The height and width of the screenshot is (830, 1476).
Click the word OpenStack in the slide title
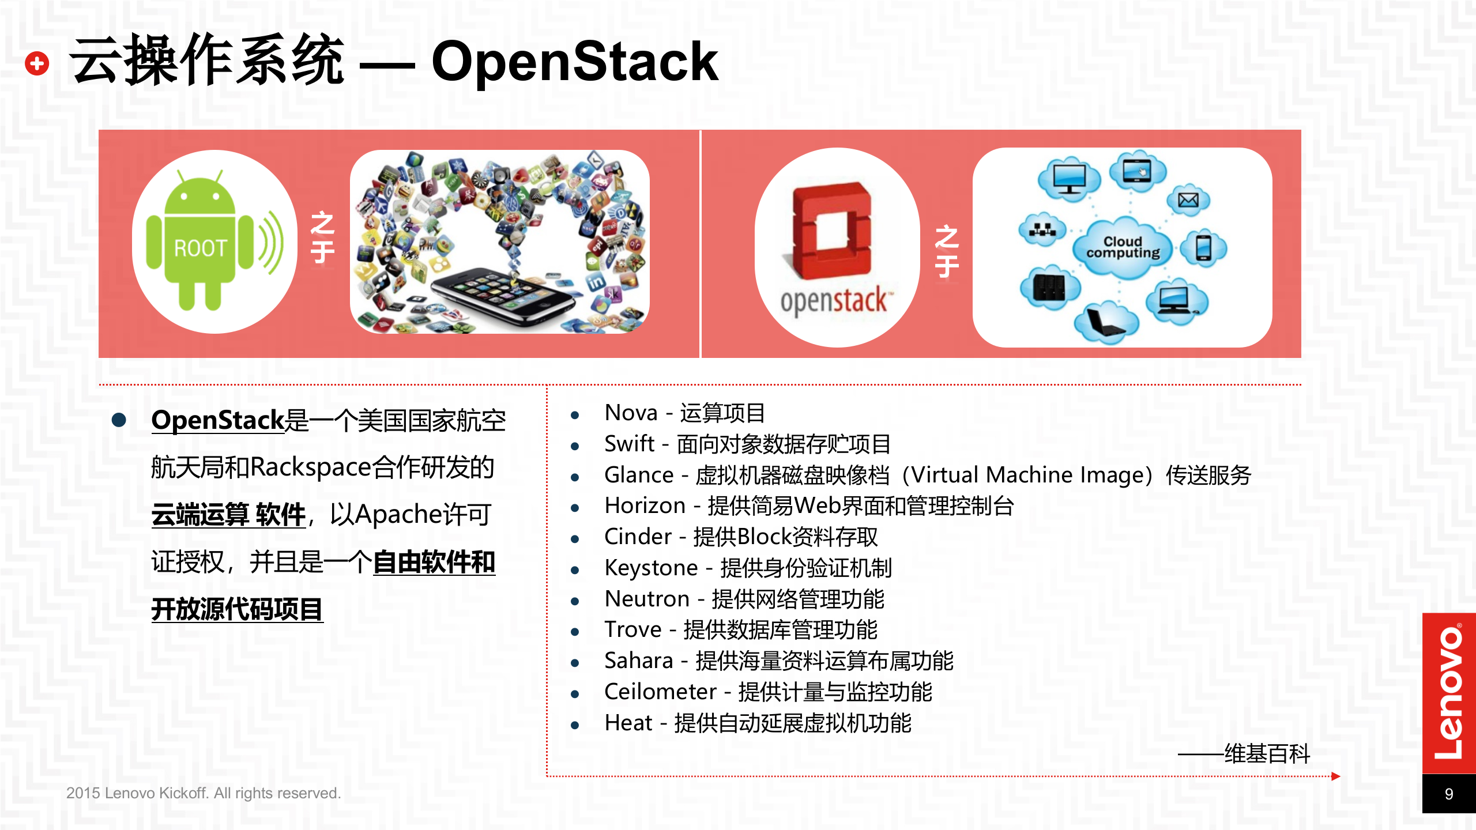[x=574, y=62]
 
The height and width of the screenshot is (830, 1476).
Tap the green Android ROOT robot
[x=200, y=242]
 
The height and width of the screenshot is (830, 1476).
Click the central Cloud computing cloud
[x=1123, y=248]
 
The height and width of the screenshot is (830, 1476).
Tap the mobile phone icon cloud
[x=1203, y=248]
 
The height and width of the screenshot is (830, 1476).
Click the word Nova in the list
[x=631, y=413]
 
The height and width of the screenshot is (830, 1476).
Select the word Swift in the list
[x=629, y=444]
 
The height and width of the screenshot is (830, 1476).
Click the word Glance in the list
[x=639, y=476]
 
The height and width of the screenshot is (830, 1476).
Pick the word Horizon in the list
[x=645, y=506]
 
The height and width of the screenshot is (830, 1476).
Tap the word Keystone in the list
[x=651, y=568]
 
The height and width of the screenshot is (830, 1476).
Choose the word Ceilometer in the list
[x=660, y=692]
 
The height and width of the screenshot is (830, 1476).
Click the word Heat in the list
[x=628, y=723]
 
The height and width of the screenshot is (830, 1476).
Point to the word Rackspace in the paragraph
[x=310, y=467]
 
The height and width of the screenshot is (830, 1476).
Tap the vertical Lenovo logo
[x=1448, y=692]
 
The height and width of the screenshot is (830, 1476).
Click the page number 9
[x=1448, y=794]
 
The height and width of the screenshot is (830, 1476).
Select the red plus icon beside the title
[x=37, y=63]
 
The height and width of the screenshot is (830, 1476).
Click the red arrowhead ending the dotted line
[x=1335, y=776]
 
